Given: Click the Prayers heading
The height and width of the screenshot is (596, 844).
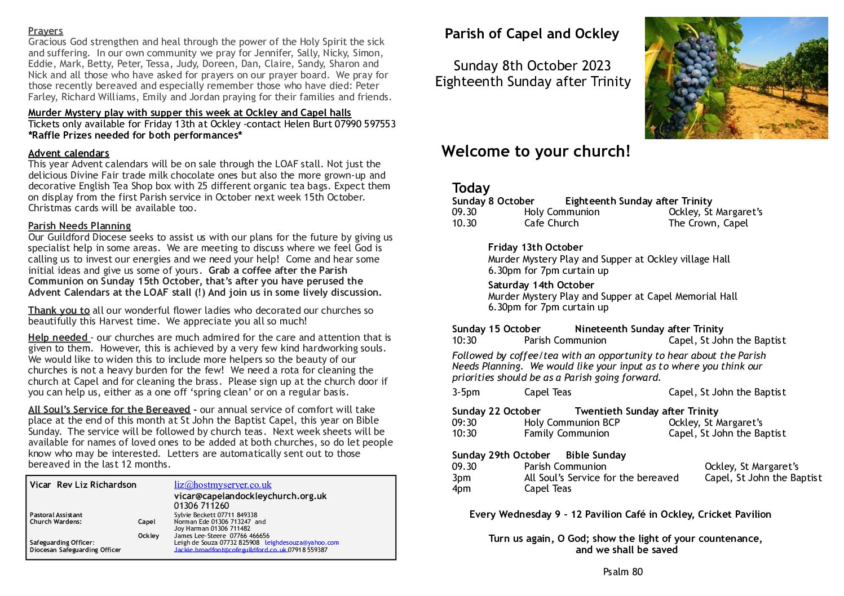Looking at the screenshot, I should click(x=45, y=31).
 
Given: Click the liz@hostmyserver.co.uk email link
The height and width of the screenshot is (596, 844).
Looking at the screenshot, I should click(x=223, y=484).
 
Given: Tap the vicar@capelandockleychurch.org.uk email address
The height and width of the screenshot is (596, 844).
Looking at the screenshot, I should click(x=250, y=496).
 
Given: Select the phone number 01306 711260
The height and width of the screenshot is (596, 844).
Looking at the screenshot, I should click(x=201, y=506).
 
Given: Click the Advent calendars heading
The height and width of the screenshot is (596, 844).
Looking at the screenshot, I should click(x=68, y=153).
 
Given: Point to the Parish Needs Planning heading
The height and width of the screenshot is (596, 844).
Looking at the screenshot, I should click(x=79, y=226).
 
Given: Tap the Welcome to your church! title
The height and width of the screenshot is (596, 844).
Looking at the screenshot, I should click(x=536, y=151).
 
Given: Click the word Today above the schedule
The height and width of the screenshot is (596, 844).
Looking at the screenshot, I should click(x=471, y=188).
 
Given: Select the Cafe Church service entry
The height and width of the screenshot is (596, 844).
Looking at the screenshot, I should click(x=551, y=223).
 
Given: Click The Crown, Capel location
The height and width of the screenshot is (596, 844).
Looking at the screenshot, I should click(x=708, y=223).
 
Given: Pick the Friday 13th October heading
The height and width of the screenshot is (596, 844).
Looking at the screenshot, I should click(x=535, y=247).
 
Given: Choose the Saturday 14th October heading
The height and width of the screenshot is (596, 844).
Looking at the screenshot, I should click(x=541, y=285).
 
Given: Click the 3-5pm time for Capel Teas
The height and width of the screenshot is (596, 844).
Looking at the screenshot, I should click(x=466, y=392).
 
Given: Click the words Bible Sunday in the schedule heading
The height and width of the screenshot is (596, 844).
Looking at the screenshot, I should click(x=595, y=455).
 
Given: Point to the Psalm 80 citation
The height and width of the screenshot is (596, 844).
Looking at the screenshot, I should click(x=622, y=572).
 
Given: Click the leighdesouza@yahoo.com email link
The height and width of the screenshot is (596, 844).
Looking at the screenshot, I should click(x=302, y=542).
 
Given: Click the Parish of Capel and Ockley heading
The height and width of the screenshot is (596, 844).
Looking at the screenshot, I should click(x=532, y=34).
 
